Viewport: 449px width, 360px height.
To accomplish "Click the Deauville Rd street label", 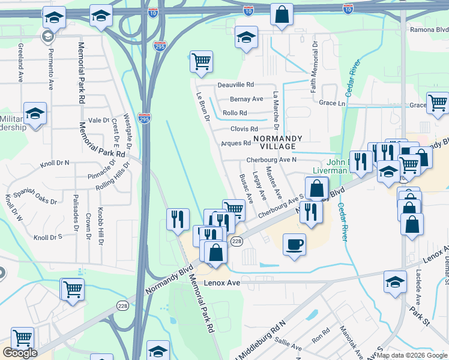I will tap(236, 85).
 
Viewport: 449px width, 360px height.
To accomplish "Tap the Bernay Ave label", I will tap(247, 99).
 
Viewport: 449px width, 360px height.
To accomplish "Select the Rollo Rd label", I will tap(235, 113).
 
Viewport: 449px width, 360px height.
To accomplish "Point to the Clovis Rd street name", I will tap(244, 129).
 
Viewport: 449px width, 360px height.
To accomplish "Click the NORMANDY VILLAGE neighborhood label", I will tap(274, 142).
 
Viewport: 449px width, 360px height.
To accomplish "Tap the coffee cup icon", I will tap(294, 244).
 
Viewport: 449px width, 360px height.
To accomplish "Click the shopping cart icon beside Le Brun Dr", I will tap(202, 61).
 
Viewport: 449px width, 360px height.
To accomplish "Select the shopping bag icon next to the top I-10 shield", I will tap(282, 14).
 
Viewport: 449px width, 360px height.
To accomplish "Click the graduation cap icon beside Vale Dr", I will tap(35, 113).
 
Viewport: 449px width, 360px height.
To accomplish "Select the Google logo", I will tap(20, 353).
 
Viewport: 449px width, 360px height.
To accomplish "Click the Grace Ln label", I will tap(333, 103).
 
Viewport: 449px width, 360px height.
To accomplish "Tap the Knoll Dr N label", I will tap(55, 163).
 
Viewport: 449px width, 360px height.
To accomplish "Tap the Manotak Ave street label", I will tap(352, 342).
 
